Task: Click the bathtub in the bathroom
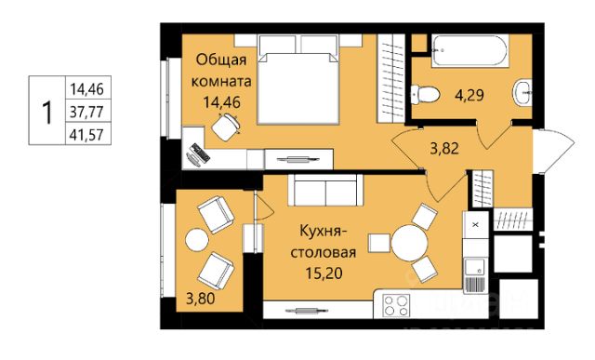469,51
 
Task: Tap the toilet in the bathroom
425,93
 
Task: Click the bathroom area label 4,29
469,95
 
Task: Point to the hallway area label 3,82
444,149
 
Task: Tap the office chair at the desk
226,127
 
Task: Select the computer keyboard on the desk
199,153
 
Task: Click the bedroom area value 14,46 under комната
221,102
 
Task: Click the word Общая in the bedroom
221,60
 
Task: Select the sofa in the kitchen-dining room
323,191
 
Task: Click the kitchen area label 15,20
324,273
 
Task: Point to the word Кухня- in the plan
321,232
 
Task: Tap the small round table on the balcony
196,239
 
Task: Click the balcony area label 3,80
201,299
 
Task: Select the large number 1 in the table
46,113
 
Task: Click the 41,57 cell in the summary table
86,134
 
